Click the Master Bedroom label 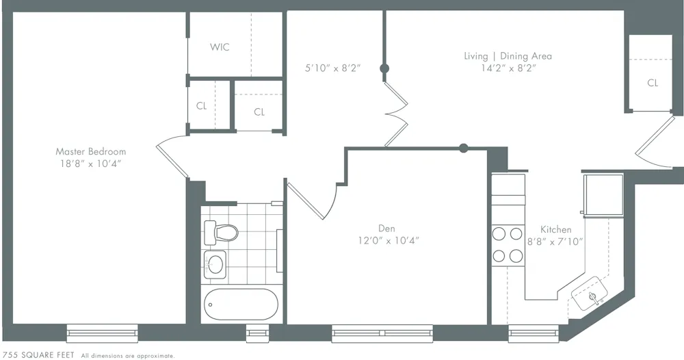point(90,151)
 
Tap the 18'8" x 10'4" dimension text point(90,164)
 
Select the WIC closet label point(220,47)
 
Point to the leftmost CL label point(201,106)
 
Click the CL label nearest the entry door point(653,83)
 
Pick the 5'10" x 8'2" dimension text point(332,68)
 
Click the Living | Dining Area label point(507,56)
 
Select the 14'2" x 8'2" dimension point(507,68)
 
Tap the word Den point(386,229)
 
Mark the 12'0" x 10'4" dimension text point(388,240)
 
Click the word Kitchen point(555,229)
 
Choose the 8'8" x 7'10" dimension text point(555,241)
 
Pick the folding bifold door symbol point(396,114)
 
